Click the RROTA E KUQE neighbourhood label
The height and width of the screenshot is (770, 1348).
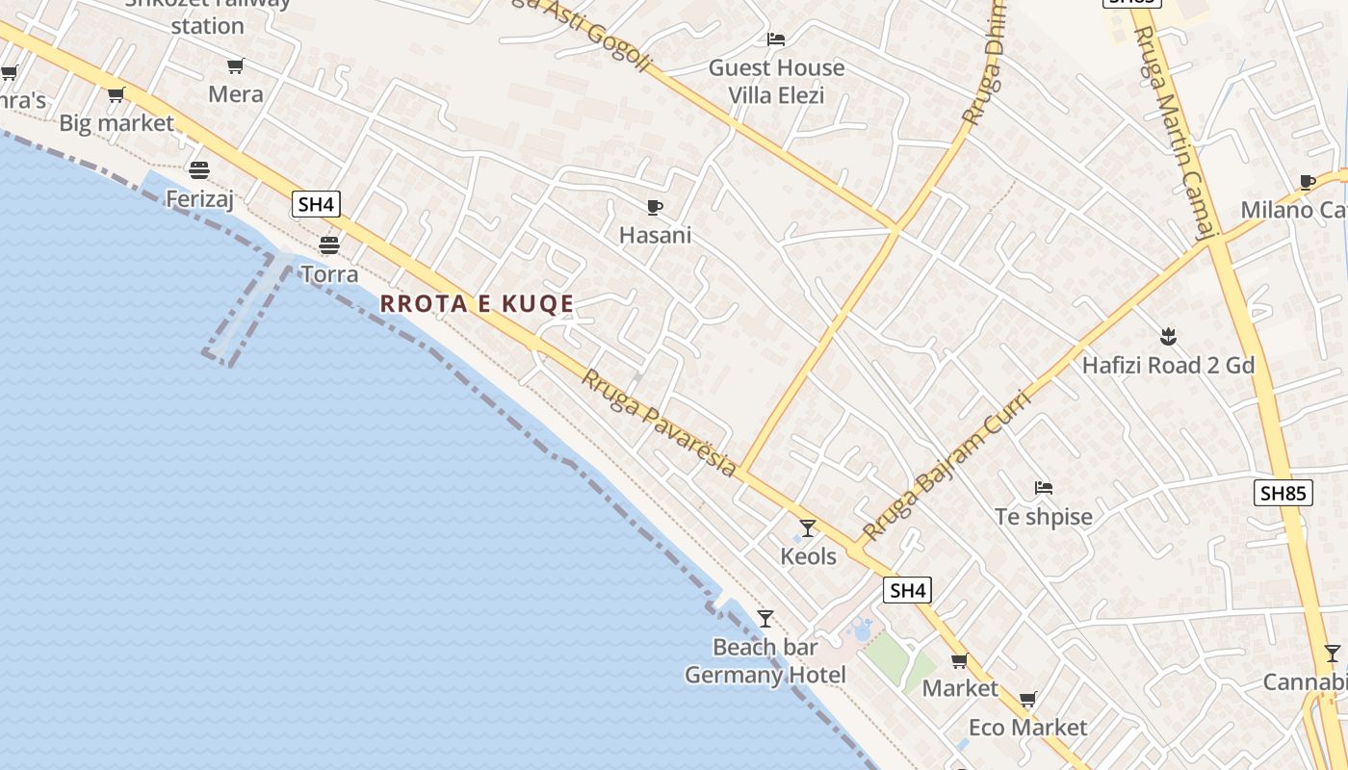click(x=477, y=304)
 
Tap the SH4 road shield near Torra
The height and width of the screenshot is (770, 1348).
click(x=316, y=204)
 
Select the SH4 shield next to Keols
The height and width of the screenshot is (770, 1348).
click(x=907, y=590)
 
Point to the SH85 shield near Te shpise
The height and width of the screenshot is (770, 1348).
click(x=1284, y=494)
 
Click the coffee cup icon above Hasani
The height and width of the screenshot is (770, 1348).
click(x=655, y=207)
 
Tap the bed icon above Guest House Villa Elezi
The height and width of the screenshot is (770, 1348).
click(x=776, y=39)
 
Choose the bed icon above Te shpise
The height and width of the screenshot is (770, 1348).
click(x=1044, y=488)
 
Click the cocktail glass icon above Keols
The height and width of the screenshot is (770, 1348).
click(x=808, y=528)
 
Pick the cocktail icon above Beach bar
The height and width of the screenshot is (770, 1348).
click(x=765, y=619)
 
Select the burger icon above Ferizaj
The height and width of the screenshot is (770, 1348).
click(x=199, y=170)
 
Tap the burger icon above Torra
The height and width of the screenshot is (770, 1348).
click(x=329, y=245)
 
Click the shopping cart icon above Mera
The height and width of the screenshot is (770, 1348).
click(x=236, y=65)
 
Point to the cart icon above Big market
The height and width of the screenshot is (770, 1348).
click(x=117, y=94)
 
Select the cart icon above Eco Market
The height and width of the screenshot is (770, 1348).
click(x=1028, y=699)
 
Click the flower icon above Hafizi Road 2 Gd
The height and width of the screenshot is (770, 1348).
click(x=1168, y=337)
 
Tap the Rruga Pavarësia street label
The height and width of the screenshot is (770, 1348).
click(x=659, y=423)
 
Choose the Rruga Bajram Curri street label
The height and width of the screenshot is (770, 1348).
click(x=946, y=465)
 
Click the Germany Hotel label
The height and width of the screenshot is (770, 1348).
click(x=765, y=676)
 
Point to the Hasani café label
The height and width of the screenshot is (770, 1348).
click(x=655, y=236)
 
